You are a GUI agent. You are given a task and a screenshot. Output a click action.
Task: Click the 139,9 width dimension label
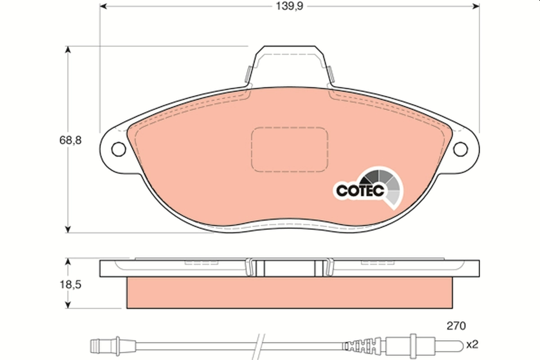coord(288,6)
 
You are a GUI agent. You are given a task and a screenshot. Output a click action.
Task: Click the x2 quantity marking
coord(472,345)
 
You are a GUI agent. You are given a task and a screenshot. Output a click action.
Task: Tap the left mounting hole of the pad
coord(118,149)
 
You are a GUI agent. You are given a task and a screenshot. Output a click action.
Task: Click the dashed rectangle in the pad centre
coord(289,149)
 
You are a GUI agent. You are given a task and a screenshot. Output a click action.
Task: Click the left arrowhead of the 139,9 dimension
coord(103,6)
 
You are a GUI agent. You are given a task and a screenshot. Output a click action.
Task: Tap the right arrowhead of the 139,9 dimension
coord(476,6)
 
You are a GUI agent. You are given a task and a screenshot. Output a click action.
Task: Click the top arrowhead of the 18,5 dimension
coord(68,261)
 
